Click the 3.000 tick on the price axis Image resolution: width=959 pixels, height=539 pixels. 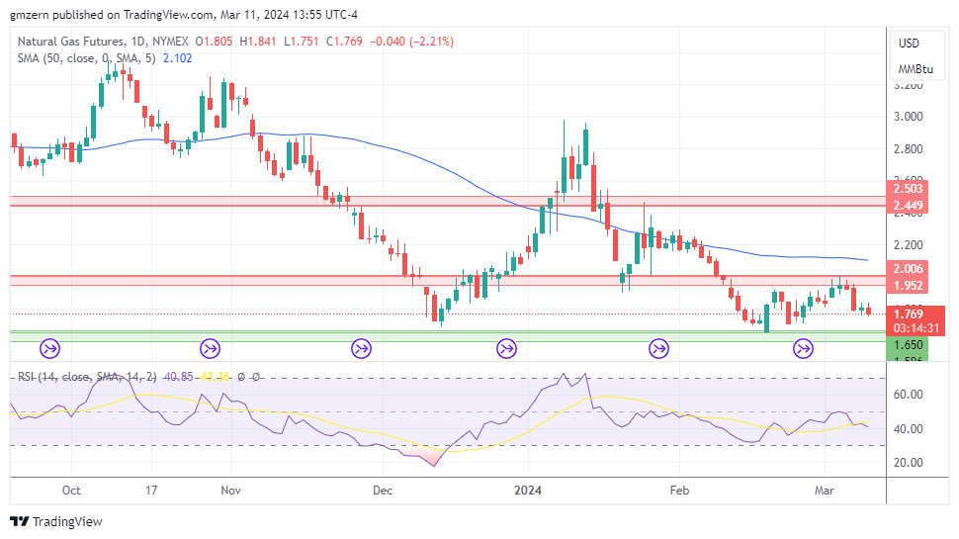(908, 117)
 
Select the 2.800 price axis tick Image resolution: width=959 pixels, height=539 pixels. (908, 149)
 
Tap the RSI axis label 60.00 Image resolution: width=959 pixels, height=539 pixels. (908, 395)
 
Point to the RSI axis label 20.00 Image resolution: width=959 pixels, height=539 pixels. (908, 462)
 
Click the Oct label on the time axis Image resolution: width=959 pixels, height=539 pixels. (71, 490)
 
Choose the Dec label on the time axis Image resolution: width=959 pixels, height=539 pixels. (384, 490)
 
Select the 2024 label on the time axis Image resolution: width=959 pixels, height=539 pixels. (528, 490)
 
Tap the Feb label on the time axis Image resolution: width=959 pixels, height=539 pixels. (678, 490)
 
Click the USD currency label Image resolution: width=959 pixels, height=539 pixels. (909, 44)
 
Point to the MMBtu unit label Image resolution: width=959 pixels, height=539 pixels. (915, 69)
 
